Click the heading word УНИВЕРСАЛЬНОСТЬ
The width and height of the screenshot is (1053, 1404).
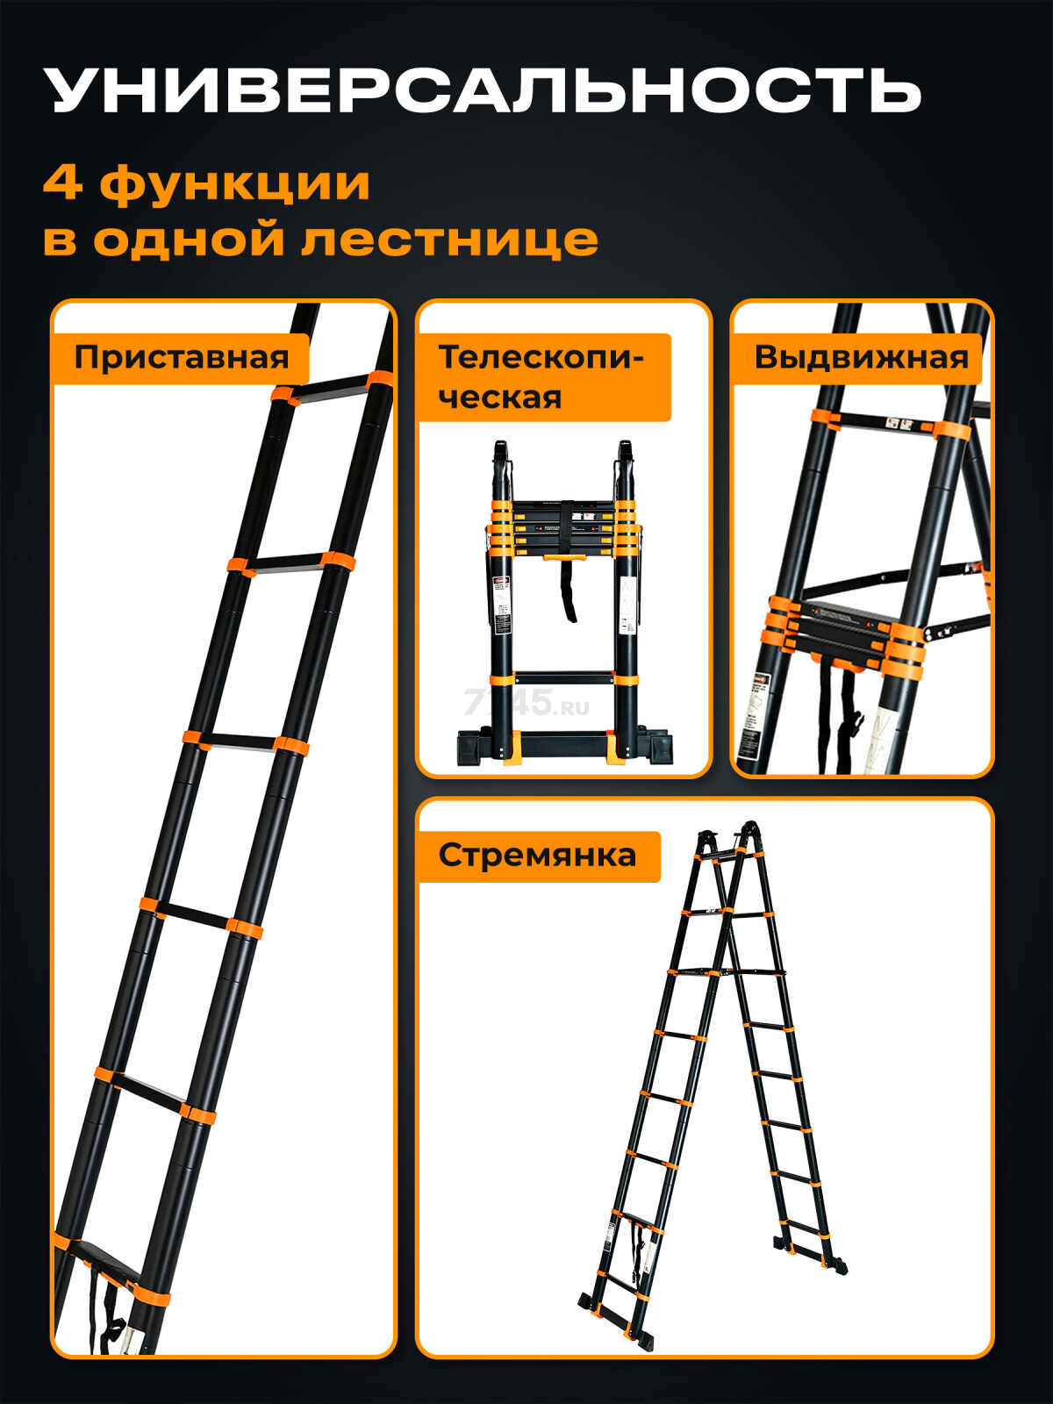483,90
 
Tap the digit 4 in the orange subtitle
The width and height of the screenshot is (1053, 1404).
61,183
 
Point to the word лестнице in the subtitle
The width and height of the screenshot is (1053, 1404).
449,239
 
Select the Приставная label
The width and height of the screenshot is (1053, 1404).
181,358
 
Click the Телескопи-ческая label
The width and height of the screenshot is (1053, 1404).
542,377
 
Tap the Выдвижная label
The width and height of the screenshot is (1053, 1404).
861,358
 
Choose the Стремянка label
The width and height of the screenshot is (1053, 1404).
537,856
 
